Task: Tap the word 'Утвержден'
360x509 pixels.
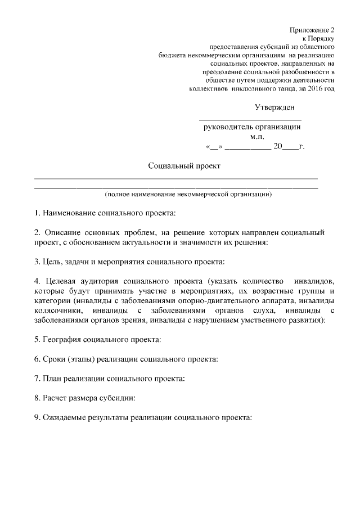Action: click(274, 107)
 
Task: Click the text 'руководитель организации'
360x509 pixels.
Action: click(251, 127)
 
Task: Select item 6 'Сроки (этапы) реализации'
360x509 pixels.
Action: click(126, 358)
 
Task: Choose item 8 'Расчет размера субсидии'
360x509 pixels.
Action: click(84, 398)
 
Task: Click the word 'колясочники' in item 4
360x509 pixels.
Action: click(57, 310)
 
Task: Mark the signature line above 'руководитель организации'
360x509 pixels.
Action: click(250, 119)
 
